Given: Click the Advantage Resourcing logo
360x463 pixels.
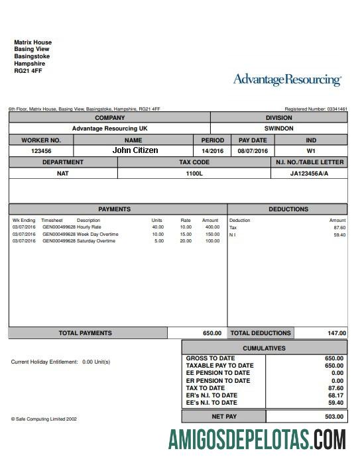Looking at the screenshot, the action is tap(287, 80).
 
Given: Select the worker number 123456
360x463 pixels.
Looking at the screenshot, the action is tap(41, 151).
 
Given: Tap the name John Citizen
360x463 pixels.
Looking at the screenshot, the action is tap(135, 150).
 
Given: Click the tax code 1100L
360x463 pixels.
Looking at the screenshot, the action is tap(194, 174).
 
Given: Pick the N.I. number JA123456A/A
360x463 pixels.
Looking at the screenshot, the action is tap(309, 174).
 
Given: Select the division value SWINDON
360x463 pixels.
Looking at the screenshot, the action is tap(278, 129).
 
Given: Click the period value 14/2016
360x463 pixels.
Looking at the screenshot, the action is tap(213, 151).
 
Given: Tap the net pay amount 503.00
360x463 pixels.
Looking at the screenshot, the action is tap(334, 417).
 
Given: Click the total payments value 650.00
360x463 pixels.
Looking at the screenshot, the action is tap(212, 333).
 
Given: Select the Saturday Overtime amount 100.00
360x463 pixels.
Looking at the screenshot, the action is tap(212, 241).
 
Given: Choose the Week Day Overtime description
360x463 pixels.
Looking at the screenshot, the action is tap(97, 234).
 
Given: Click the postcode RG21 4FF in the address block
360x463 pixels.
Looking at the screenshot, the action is tap(28, 71).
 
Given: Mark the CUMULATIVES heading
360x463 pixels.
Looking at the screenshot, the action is tap(264, 348).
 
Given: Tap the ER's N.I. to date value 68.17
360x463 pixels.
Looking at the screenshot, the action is tap(336, 395).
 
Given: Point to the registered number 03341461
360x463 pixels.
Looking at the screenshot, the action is tap(335, 109).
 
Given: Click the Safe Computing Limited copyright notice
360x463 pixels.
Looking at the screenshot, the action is tap(44, 419).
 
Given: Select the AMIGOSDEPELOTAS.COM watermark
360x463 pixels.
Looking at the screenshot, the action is tap(257, 440).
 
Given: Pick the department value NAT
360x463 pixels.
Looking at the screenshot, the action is tap(63, 174).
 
